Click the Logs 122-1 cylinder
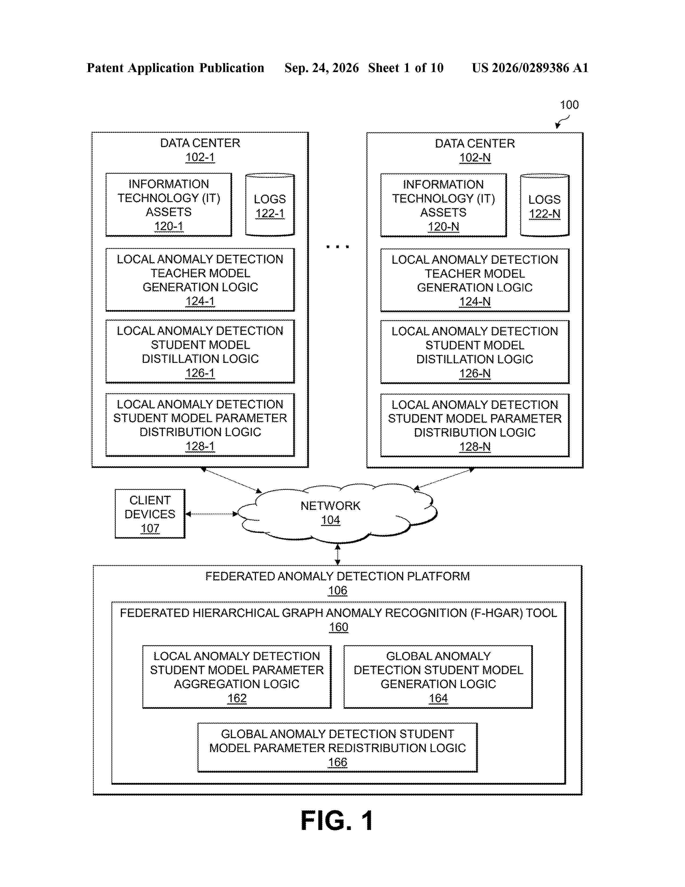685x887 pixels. pyautogui.click(x=270, y=205)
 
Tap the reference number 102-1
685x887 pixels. pyautogui.click(x=200, y=157)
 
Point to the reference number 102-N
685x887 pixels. pyautogui.click(x=475, y=158)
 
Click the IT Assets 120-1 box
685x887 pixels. pyautogui.click(x=169, y=205)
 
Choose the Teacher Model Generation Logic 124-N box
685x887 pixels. pyautogui.click(x=475, y=280)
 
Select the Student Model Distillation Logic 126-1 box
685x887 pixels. pyautogui.click(x=200, y=351)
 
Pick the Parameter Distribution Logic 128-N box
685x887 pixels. pyautogui.click(x=475, y=425)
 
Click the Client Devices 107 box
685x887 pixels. pyautogui.click(x=150, y=514)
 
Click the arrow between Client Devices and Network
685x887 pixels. pyautogui.click(x=211, y=514)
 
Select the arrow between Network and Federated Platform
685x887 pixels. pyautogui.click(x=337, y=554)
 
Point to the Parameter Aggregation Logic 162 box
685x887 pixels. pyautogui.click(x=237, y=677)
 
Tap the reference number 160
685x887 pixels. pyautogui.click(x=338, y=627)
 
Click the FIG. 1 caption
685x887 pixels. pyautogui.click(x=337, y=820)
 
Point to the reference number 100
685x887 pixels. pyautogui.click(x=569, y=105)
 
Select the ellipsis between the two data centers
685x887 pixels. pyautogui.click(x=338, y=246)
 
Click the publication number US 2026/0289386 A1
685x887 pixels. pyautogui.click(x=530, y=68)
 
